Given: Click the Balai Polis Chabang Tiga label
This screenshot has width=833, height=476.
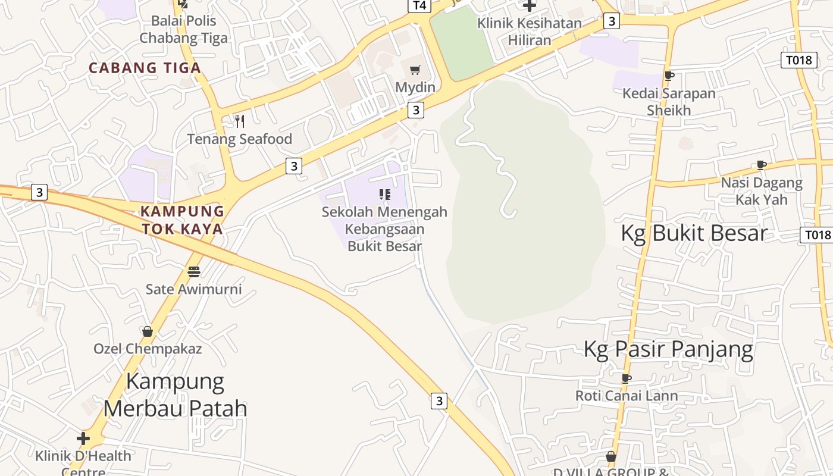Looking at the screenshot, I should pos(183,29).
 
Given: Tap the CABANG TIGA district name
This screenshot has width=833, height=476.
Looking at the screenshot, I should pos(145,68).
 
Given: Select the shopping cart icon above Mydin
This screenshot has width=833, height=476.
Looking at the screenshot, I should pos(415,70).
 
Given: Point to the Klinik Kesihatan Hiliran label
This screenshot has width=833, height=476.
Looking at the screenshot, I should pos(530,32).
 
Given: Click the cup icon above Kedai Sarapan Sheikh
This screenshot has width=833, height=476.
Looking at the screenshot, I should pos(669,76).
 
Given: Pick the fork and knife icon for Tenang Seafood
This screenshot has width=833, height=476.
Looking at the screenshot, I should pos(240,121).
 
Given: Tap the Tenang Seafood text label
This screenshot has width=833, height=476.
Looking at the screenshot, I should pos(240,139).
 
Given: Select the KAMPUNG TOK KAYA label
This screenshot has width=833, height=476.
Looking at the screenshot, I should pos(182,220).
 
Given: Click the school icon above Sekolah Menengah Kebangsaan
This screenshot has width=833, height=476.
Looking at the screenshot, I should pos(385,195).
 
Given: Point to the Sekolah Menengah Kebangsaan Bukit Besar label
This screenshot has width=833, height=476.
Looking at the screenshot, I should pos(384,228).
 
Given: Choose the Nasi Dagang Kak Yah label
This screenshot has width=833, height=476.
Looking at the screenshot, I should pos(762,190).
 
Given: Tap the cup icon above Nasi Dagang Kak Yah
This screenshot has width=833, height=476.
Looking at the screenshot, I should pos(761,165).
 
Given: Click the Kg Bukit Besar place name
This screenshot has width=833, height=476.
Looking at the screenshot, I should pos(694,233).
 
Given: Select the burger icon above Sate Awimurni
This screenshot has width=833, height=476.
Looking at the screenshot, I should pos(194,272).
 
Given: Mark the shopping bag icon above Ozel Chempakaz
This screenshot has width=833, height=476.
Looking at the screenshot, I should pos(148,331).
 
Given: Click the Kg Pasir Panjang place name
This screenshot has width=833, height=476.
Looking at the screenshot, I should pos(668,349).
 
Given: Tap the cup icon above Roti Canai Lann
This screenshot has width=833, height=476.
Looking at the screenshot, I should pos(626,378).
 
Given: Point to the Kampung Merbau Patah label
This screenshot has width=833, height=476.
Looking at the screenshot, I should pos(176,394).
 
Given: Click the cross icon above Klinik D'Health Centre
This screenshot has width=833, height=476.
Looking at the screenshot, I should pos(83,439).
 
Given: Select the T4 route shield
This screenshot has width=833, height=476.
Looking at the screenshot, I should pos(419,5).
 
